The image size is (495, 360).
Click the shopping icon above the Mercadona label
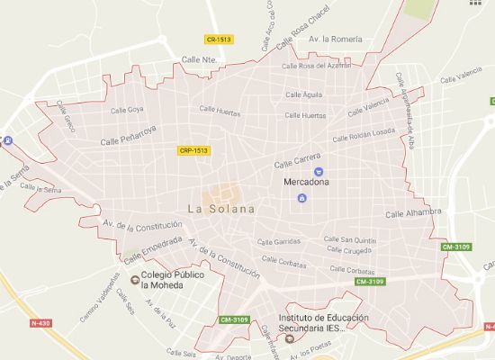[317, 171]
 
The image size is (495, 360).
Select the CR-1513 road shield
[218, 40]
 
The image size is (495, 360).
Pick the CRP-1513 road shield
[194, 151]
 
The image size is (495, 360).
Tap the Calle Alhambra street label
[413, 213]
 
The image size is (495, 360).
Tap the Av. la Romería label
[336, 40]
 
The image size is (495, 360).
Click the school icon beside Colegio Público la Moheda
[135, 280]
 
